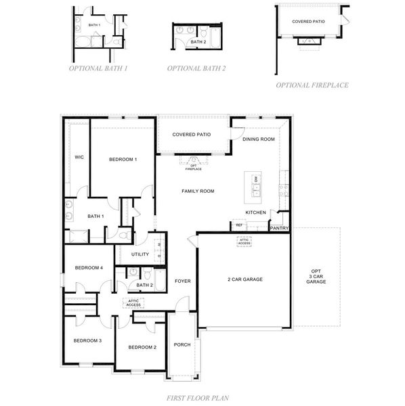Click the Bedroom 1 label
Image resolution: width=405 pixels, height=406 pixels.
(123, 160)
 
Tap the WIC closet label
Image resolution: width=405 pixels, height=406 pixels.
(79, 157)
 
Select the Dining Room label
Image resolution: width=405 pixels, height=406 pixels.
(259, 139)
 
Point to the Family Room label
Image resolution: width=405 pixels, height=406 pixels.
(198, 191)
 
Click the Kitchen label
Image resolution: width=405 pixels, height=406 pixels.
(255, 212)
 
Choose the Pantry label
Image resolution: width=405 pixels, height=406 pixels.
(279, 229)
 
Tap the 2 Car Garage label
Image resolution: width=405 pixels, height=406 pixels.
(244, 279)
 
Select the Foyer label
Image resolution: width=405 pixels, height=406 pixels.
(182, 281)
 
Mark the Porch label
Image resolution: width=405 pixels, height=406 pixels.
(182, 344)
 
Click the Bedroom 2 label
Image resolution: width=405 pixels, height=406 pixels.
(143, 347)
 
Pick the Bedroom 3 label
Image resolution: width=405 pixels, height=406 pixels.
(87, 340)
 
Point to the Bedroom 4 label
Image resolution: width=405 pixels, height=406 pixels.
(88, 268)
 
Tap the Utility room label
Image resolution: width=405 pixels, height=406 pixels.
(140, 254)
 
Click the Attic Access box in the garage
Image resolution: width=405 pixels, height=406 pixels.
(244, 242)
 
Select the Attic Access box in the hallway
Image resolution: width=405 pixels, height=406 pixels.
(133, 303)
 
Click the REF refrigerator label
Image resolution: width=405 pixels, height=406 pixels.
(239, 225)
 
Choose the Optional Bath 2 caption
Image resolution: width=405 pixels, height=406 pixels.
(196, 68)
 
